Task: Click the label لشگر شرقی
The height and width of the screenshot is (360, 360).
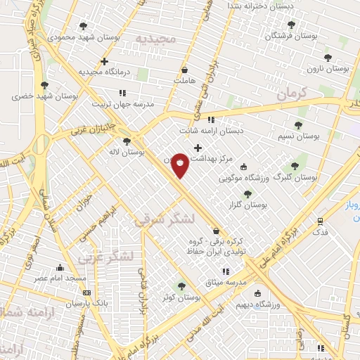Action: (x=159, y=219)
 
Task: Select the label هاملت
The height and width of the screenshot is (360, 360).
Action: (x=184, y=81)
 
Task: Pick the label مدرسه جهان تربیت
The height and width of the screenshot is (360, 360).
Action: (x=132, y=103)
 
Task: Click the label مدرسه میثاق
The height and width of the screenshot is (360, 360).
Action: (x=224, y=281)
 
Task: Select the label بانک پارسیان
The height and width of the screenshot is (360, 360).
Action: (x=89, y=304)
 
